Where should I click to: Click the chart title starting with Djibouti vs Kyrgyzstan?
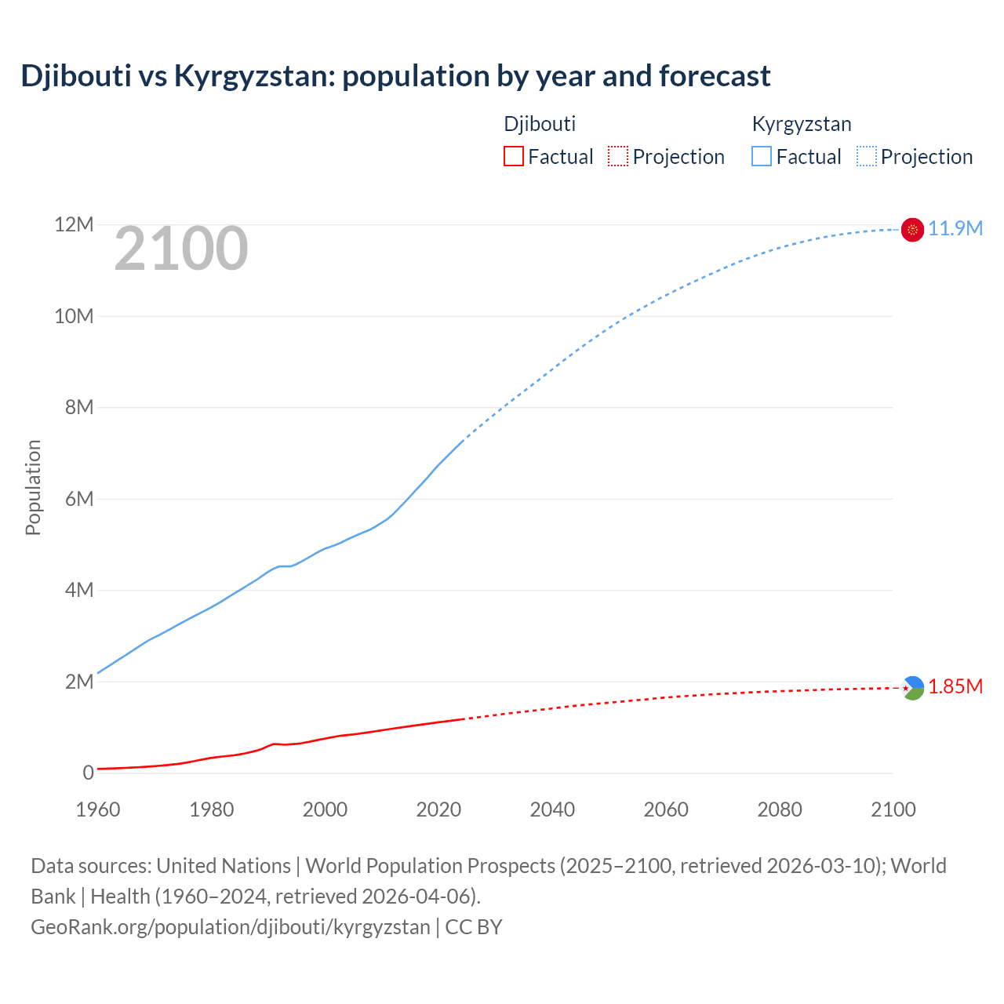tap(395, 76)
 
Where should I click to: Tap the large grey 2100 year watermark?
tap(181, 249)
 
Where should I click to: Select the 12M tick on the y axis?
tap(74, 225)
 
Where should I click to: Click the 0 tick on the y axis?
tap(88, 773)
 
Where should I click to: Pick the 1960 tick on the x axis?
tap(98, 809)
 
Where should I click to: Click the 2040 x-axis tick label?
tap(552, 809)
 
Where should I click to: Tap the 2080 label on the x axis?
tap(780, 809)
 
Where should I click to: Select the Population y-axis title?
tap(33, 487)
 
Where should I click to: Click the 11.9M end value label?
tap(955, 228)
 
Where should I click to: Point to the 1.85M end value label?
tap(955, 687)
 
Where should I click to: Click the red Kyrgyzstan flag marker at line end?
tap(912, 229)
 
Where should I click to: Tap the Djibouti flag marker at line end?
tap(912, 688)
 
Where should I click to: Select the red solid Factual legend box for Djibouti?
tap(513, 156)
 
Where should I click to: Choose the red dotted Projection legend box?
tap(618, 156)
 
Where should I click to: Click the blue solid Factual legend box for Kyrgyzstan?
tap(762, 156)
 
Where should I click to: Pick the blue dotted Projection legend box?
tap(867, 156)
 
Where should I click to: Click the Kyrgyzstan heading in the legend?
tap(802, 124)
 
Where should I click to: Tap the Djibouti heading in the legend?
tap(540, 124)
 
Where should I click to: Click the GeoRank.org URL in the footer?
tap(231, 926)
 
